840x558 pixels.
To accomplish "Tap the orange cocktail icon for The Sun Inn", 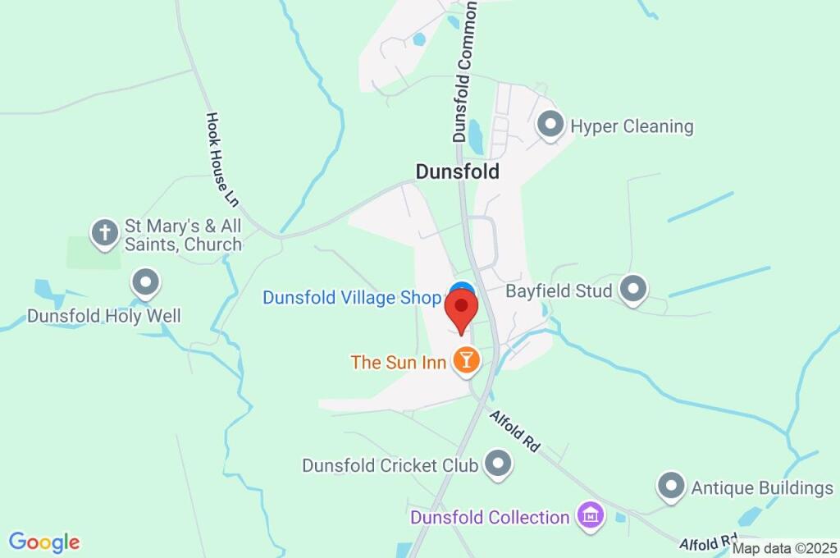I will coord(465,360).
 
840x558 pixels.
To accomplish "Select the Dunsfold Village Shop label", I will coord(352,298).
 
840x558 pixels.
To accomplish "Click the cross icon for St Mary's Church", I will coord(104,232).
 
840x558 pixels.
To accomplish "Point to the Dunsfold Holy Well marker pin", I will coord(146,284).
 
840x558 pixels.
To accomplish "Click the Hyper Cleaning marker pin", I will coord(550,126).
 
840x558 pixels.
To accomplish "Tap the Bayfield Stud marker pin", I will coord(632,289).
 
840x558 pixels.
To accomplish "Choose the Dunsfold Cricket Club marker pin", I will coord(497,464).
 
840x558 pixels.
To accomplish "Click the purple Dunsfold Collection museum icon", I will coord(589,516).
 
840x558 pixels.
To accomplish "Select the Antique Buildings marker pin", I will coord(671,486).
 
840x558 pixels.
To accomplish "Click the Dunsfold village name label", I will coord(457,172).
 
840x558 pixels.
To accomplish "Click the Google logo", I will coord(44,542).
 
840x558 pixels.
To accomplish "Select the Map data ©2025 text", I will coord(784,548).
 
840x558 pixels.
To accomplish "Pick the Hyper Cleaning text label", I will coord(632,126).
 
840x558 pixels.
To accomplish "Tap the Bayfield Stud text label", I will coord(559,291).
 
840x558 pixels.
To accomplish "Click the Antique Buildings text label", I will coord(762,488).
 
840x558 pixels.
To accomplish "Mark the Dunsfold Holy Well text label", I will coord(104,316).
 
